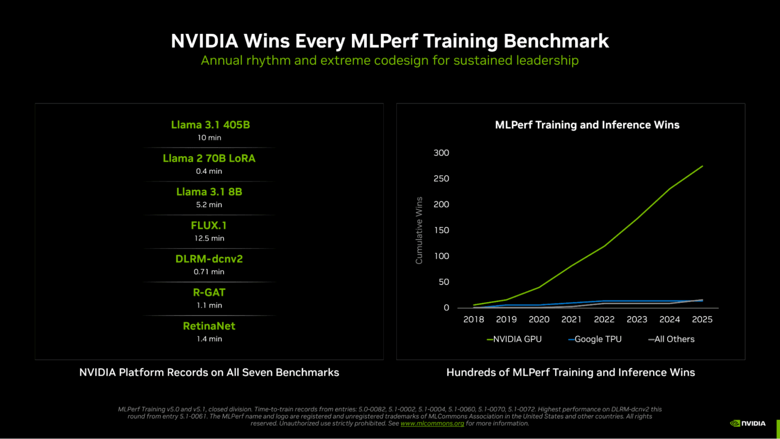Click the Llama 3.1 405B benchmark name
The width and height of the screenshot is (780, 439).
(x=210, y=125)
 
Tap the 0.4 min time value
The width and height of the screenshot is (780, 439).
(x=209, y=171)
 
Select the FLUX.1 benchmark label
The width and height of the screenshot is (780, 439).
(x=209, y=226)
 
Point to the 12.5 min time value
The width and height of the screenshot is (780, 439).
(x=209, y=238)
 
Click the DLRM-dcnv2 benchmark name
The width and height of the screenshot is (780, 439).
(x=209, y=259)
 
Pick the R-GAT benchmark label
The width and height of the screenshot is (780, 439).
(x=209, y=293)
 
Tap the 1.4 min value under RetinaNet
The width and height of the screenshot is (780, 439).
(x=209, y=339)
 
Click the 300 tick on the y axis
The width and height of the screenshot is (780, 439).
(x=441, y=153)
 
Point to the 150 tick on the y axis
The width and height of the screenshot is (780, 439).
(x=441, y=230)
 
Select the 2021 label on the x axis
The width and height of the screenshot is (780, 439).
(x=571, y=320)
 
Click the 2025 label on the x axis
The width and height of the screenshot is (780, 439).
(x=702, y=320)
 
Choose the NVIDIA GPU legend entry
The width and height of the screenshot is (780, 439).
(x=514, y=340)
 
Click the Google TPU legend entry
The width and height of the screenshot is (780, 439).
(x=595, y=340)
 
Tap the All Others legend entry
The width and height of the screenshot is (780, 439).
(x=671, y=340)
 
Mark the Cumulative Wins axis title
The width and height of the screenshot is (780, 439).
(x=419, y=230)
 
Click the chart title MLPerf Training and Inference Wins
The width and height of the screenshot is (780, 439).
(x=587, y=125)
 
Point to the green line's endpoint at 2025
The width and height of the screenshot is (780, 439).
(x=702, y=166)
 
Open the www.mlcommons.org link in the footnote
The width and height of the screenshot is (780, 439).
(x=432, y=424)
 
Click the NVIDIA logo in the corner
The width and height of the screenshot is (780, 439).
(x=747, y=423)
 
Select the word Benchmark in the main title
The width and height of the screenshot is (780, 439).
(x=556, y=41)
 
